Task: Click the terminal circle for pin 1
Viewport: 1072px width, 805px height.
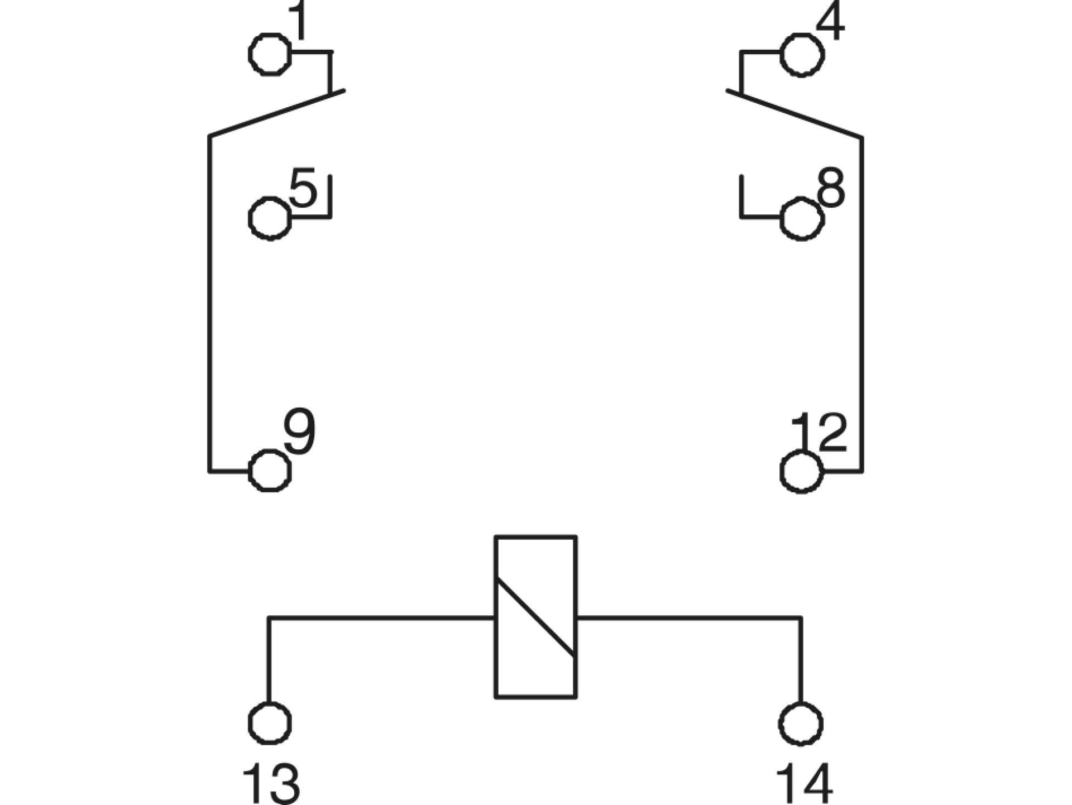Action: coord(270,54)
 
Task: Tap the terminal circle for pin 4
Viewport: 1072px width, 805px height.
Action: coord(802,55)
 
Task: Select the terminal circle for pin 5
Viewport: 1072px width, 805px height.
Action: coord(270,218)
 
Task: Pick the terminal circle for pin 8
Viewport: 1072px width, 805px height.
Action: coord(802,218)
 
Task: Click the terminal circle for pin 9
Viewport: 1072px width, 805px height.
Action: coord(270,471)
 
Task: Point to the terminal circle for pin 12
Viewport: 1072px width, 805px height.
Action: coord(802,472)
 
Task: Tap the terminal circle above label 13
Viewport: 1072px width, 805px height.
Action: coord(270,723)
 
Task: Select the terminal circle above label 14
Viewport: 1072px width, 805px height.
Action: coord(801,723)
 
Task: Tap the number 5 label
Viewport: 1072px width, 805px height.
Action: coord(303,188)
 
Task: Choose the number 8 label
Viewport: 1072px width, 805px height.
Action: coord(831,188)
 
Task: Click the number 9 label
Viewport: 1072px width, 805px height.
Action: coord(299,431)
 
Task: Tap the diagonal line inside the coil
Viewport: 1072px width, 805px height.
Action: coord(535,617)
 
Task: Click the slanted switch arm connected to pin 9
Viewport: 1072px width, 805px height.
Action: coord(276,113)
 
